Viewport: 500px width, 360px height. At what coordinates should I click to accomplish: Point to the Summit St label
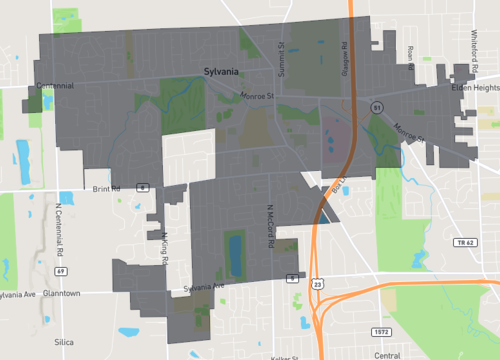click(282, 48)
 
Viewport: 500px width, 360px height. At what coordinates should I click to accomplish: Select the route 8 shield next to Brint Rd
click(144, 187)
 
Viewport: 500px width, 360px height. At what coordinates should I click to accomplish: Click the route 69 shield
click(61, 271)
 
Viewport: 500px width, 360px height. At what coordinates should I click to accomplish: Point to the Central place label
click(385, 354)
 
